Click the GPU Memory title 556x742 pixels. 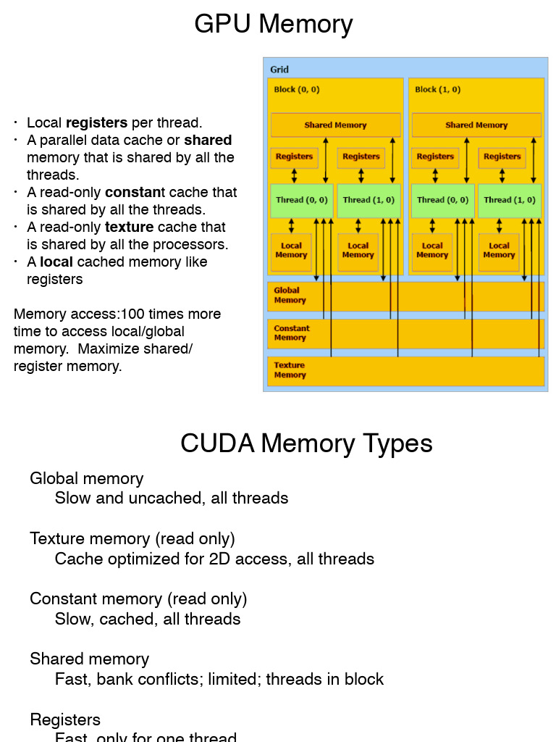[x=274, y=24]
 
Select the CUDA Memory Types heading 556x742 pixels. [x=306, y=443]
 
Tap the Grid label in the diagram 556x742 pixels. [x=279, y=70]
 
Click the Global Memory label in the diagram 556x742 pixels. [x=290, y=295]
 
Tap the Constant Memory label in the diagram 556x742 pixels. [x=291, y=333]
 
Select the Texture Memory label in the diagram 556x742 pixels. [x=290, y=370]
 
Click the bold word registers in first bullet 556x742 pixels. [x=96, y=122]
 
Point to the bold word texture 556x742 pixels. [x=130, y=227]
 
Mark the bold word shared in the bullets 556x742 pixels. [x=208, y=140]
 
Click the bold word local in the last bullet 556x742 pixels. [x=56, y=262]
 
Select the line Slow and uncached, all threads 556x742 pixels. [x=172, y=498]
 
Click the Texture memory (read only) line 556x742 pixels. [x=132, y=538]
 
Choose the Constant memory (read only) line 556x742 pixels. [x=138, y=599]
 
